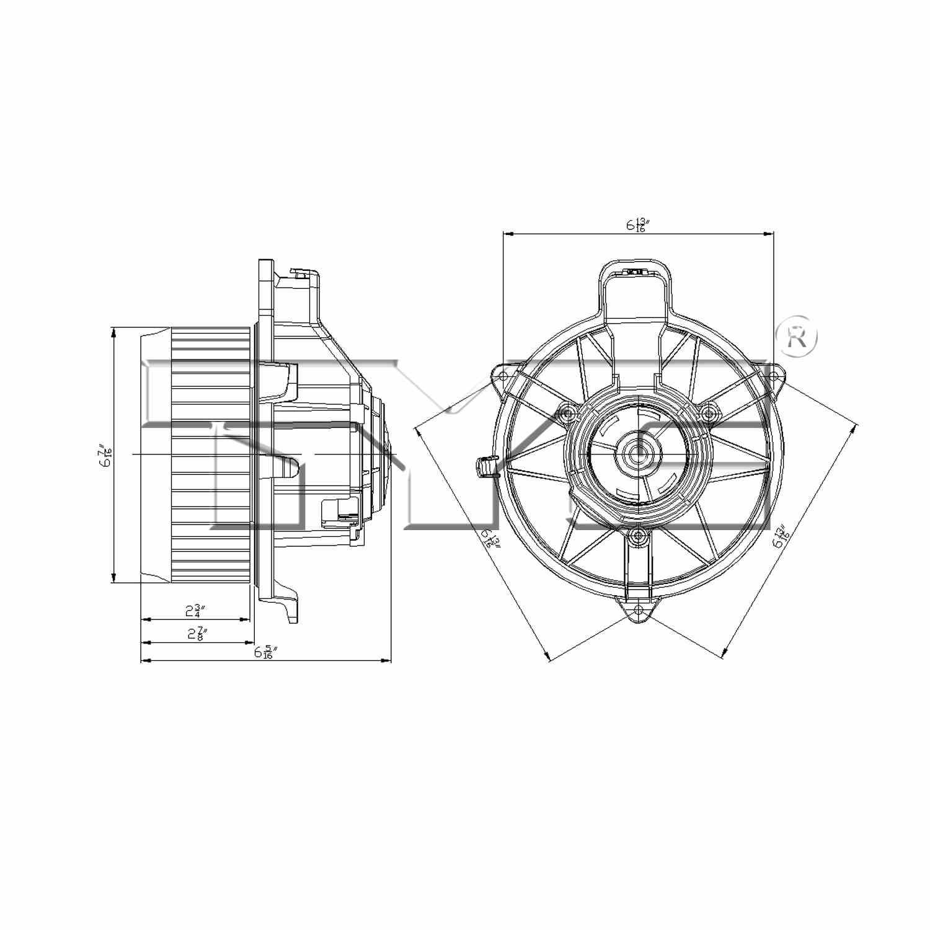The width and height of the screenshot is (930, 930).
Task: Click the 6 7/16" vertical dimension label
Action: click(x=105, y=456)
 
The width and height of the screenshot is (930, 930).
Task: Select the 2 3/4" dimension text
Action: click(x=195, y=611)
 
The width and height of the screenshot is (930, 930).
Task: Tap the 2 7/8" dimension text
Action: click(x=197, y=634)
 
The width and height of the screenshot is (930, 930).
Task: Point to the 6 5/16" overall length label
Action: click(x=265, y=652)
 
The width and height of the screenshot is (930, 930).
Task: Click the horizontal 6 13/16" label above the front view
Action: click(x=637, y=224)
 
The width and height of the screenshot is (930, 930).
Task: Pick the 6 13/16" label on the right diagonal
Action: click(x=780, y=536)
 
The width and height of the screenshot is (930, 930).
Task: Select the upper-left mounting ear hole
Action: click(x=503, y=376)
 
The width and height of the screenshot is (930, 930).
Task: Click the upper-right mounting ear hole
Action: click(x=773, y=376)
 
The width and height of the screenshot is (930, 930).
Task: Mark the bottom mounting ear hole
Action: click(x=638, y=610)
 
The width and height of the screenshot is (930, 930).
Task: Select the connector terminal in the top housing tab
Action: click(x=637, y=272)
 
